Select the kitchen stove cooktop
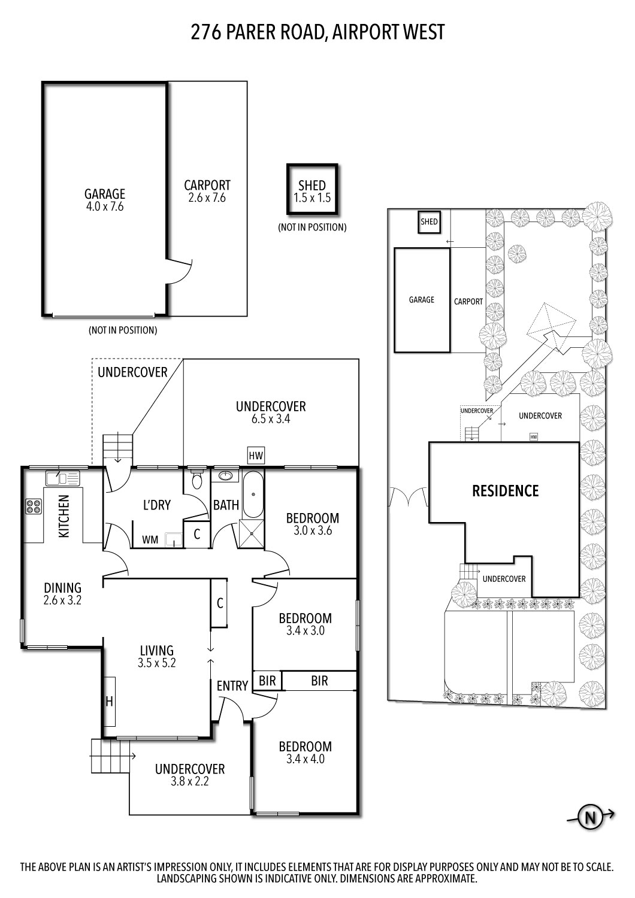[x=33, y=506]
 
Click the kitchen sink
[x=62, y=478]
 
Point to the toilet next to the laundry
[x=196, y=480]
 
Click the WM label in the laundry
[x=150, y=540]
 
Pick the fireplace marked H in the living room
[x=109, y=701]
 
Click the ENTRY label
[x=232, y=686]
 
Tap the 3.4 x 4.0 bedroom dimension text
[x=305, y=759]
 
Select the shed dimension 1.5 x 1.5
[x=312, y=198]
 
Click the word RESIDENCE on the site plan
[x=505, y=491]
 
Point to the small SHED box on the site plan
[x=429, y=222]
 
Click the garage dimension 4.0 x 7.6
[x=104, y=207]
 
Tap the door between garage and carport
[x=179, y=271]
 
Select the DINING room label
[x=62, y=587]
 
